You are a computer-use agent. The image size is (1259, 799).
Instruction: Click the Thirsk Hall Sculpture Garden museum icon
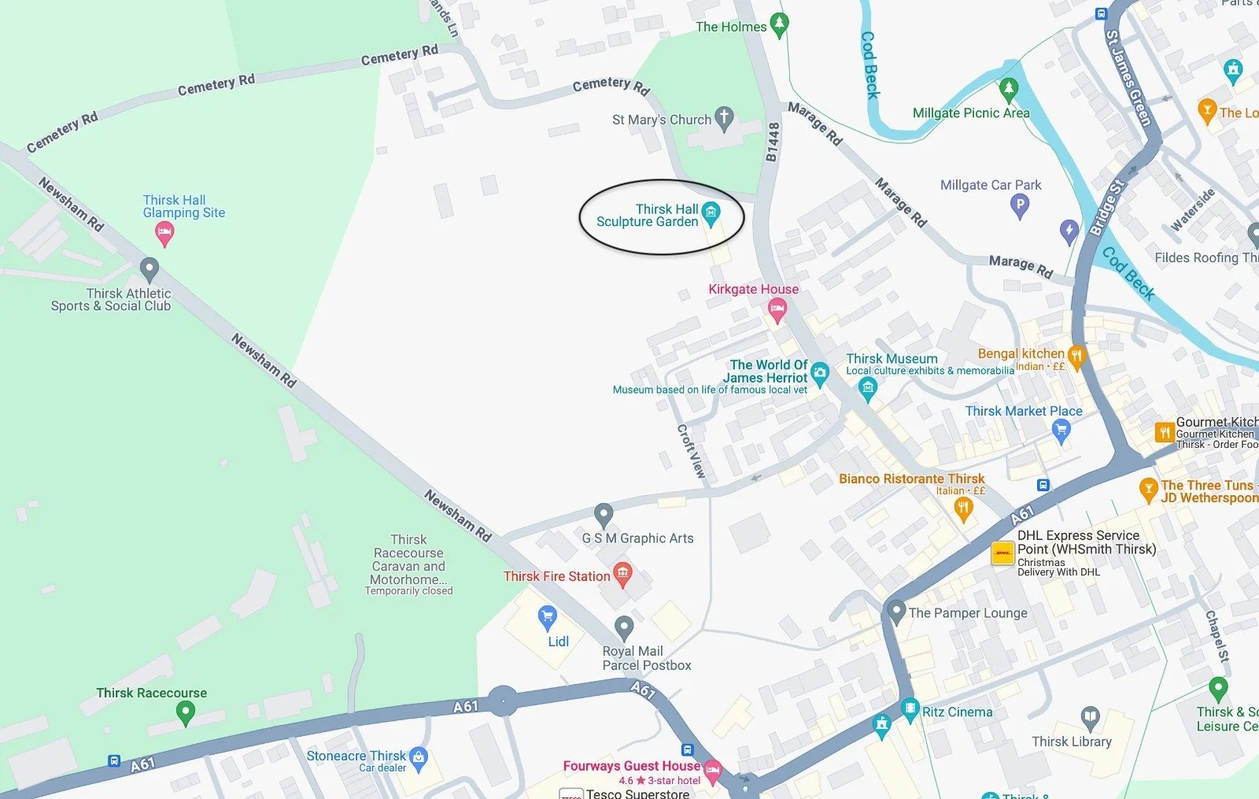(711, 212)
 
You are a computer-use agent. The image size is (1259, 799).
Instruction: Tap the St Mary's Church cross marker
(724, 118)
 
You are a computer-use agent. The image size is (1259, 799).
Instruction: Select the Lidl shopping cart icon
(548, 617)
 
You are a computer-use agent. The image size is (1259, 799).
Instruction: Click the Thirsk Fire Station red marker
(623, 574)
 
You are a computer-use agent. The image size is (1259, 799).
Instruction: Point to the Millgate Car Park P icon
(1020, 206)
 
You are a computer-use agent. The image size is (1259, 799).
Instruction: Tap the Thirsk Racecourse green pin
(185, 712)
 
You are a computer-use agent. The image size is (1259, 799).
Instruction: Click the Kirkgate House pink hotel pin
(777, 309)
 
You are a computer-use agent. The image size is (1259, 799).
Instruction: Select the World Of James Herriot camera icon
(820, 373)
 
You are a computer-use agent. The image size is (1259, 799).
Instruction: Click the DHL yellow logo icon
(1002, 553)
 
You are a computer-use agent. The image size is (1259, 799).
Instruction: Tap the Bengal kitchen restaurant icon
(1076, 355)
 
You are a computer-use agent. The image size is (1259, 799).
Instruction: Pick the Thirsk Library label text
(1072, 742)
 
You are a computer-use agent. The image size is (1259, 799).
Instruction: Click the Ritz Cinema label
(958, 712)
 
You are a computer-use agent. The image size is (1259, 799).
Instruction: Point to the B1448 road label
(773, 142)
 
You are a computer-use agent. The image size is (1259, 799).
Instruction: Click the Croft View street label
(692, 451)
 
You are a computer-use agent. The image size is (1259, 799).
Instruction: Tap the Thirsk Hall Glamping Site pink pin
(164, 232)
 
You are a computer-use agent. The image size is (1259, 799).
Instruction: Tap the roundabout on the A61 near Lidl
(504, 700)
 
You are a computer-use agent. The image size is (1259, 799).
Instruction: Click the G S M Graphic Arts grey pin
(604, 515)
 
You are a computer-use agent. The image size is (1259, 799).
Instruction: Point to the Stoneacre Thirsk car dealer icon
(419, 757)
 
